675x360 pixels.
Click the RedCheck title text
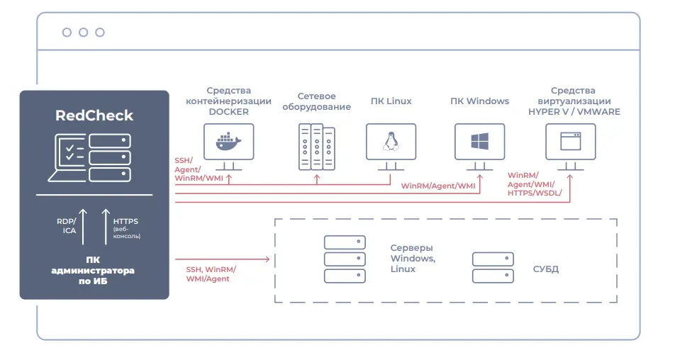click(x=94, y=116)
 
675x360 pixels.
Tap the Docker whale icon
click(x=228, y=142)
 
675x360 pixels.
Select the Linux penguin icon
click(x=391, y=141)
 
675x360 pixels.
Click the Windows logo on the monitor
click(x=479, y=141)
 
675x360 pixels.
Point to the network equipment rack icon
click(x=317, y=147)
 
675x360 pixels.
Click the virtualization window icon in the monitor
click(x=570, y=141)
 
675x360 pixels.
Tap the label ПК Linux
click(x=391, y=101)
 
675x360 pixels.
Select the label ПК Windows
click(x=479, y=101)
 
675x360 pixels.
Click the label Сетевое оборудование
click(x=316, y=101)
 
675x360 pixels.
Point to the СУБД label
click(x=545, y=269)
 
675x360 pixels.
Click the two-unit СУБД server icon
click(x=493, y=268)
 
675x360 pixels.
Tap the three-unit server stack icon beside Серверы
click(x=345, y=259)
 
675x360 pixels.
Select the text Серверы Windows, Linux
click(x=413, y=258)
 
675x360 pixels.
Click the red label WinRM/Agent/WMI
click(x=438, y=186)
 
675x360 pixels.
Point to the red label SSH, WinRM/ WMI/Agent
click(x=211, y=274)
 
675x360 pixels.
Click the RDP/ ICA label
click(x=67, y=226)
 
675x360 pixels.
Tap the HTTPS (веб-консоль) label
click(x=126, y=228)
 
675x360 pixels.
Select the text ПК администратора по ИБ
click(x=93, y=271)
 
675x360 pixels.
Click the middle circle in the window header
click(x=84, y=33)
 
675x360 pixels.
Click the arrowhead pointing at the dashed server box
click(x=267, y=259)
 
